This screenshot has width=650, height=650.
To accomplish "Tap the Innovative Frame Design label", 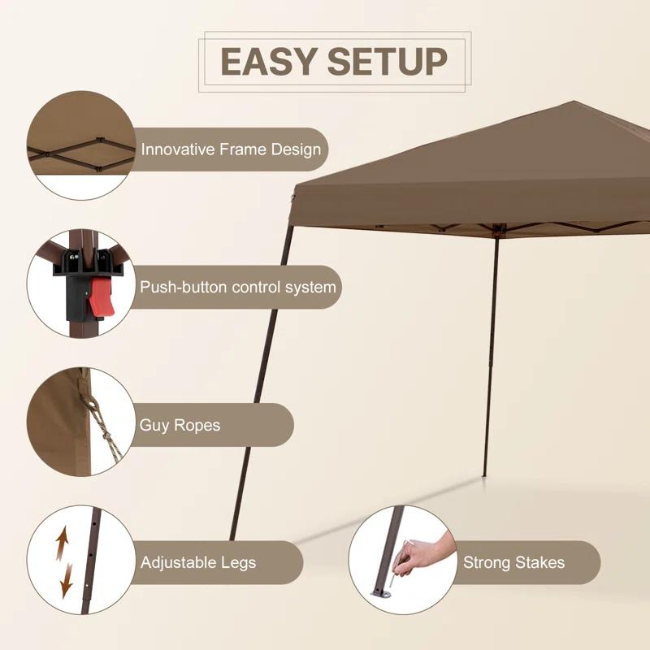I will [231, 149].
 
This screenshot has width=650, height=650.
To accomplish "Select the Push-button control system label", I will [237, 287].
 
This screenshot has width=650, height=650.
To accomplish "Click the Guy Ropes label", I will [180, 425].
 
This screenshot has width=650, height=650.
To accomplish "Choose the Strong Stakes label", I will [513, 562].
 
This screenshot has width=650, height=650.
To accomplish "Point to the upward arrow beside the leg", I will [61, 543].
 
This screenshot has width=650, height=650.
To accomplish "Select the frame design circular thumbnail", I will [80, 145].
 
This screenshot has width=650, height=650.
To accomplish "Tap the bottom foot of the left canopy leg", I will [233, 538].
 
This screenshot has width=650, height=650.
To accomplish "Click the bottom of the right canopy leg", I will [485, 474].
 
